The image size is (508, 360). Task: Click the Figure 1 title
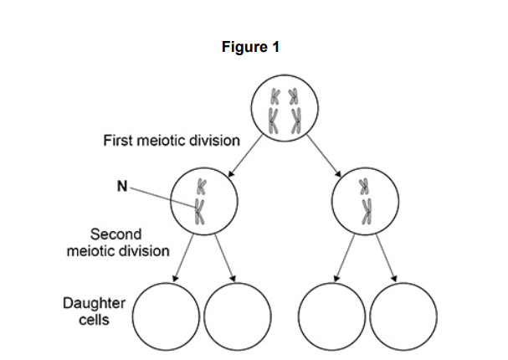pos(251,47)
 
